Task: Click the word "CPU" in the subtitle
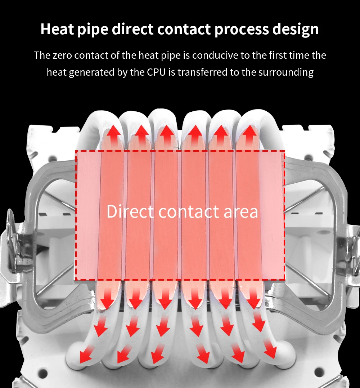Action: [156, 72]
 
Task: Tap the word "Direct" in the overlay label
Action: [130, 211]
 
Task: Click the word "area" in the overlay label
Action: [241, 211]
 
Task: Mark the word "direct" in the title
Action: [133, 29]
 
